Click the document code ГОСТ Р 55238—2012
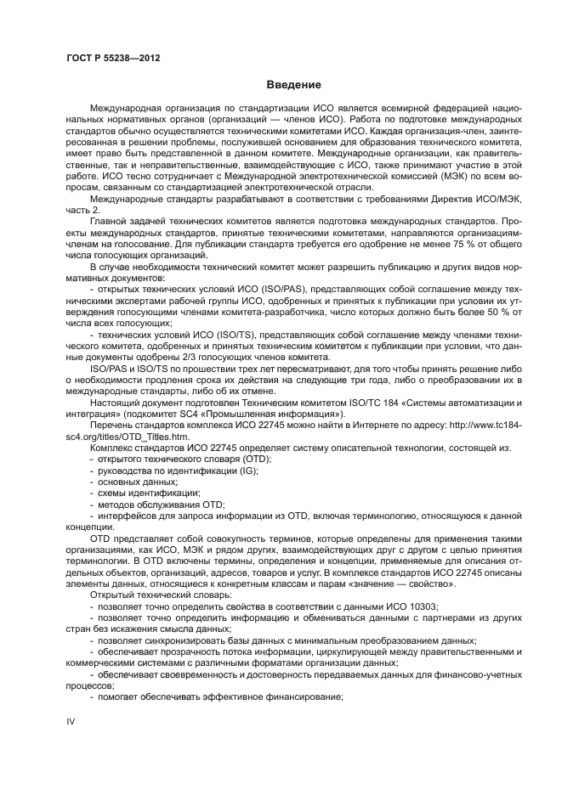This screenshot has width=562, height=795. click(113, 58)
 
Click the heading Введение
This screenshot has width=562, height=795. click(293, 85)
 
